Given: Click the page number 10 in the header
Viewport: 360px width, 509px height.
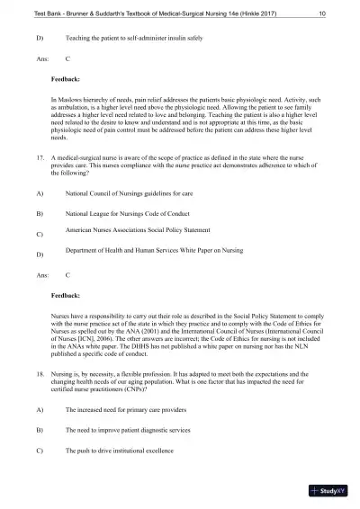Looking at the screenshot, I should click(321, 14).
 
